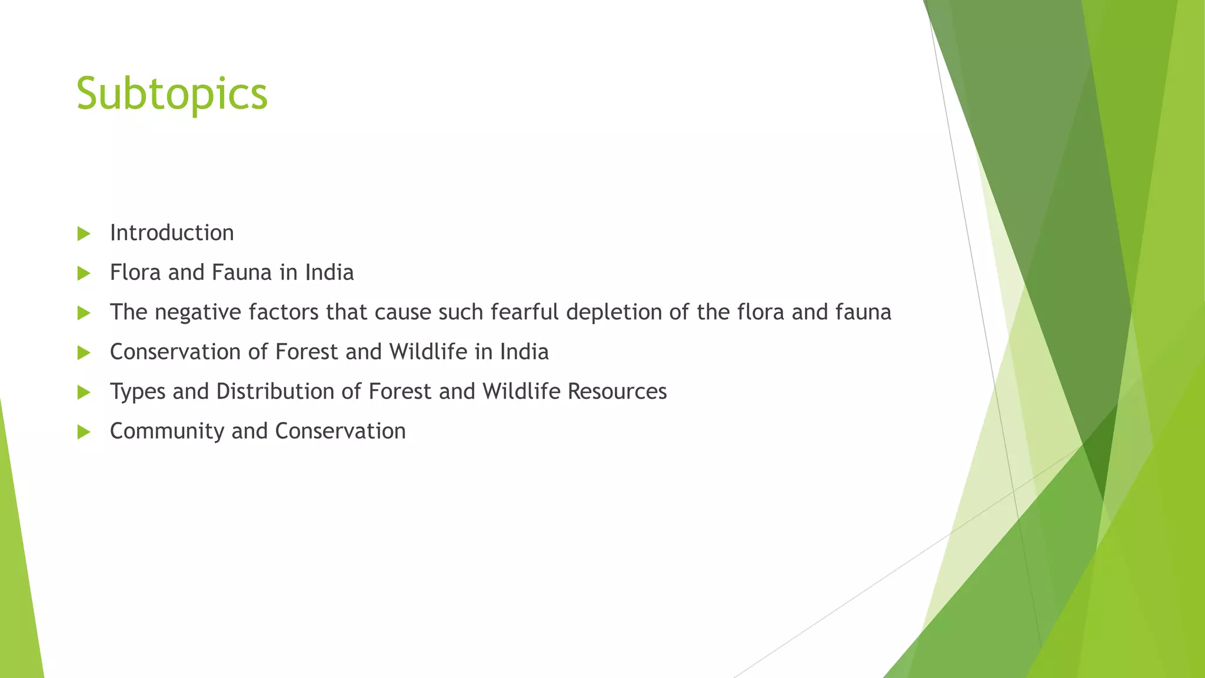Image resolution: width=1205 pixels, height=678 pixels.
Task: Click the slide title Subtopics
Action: pos(172,94)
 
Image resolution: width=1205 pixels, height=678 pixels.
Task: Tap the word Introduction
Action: pos(172,233)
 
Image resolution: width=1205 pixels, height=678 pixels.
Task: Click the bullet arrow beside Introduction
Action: pos(84,234)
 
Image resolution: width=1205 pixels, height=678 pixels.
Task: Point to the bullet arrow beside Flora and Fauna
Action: pos(84,273)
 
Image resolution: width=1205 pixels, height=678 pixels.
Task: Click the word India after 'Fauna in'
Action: pos(329,272)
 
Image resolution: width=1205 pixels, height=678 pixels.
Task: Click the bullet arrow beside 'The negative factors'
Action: pos(84,313)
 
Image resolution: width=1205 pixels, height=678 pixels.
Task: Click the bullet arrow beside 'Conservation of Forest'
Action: pos(84,353)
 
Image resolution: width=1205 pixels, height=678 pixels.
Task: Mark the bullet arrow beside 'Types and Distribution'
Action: pos(84,392)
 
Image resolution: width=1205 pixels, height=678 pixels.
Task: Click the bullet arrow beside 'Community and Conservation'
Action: pos(84,432)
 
